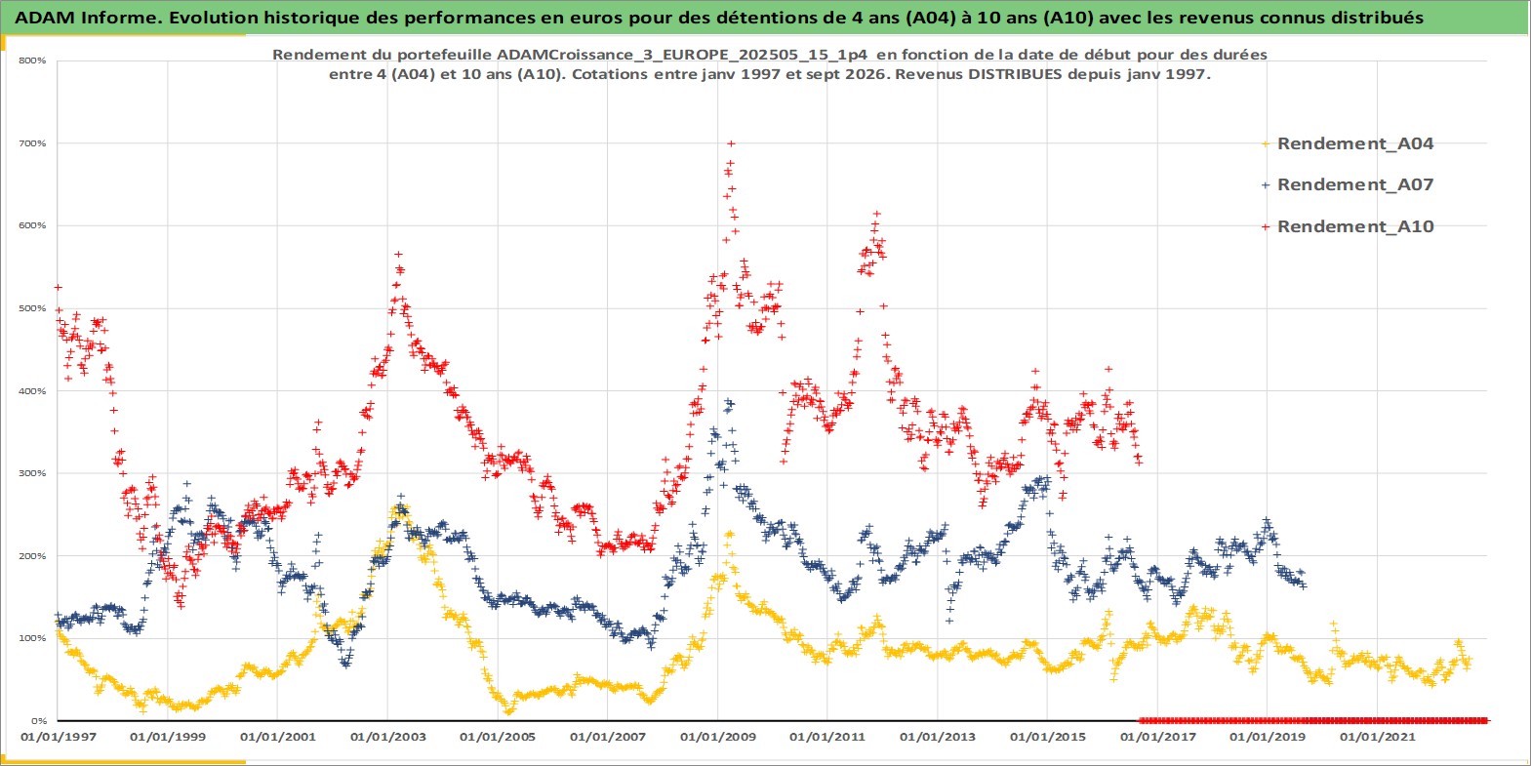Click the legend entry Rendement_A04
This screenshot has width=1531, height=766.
(x=1348, y=144)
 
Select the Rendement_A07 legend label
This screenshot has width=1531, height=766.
(x=1348, y=185)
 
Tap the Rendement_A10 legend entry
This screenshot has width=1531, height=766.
(x=1348, y=226)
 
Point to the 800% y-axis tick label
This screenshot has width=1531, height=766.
(x=32, y=60)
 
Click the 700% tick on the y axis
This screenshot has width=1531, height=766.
(x=32, y=143)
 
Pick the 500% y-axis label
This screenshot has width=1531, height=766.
(x=32, y=309)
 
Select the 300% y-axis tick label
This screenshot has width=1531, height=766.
(x=32, y=473)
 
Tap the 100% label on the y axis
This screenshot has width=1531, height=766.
(x=32, y=638)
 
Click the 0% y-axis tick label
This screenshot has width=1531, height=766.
(x=39, y=721)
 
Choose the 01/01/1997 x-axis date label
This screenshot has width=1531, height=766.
(x=59, y=738)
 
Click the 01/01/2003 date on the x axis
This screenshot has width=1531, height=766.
(x=387, y=738)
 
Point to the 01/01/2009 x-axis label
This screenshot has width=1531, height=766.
(x=717, y=738)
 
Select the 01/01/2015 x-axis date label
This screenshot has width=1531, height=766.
(x=1047, y=738)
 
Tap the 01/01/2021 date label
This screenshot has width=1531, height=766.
(x=1377, y=738)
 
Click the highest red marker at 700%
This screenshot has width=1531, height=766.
(x=731, y=143)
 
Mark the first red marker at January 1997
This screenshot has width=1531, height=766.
(x=59, y=288)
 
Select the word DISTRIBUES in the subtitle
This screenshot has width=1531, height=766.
(x=1000, y=74)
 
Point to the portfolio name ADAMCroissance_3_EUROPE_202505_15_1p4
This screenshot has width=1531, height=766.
(x=682, y=55)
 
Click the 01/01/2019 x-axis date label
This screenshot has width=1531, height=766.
(x=1268, y=738)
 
